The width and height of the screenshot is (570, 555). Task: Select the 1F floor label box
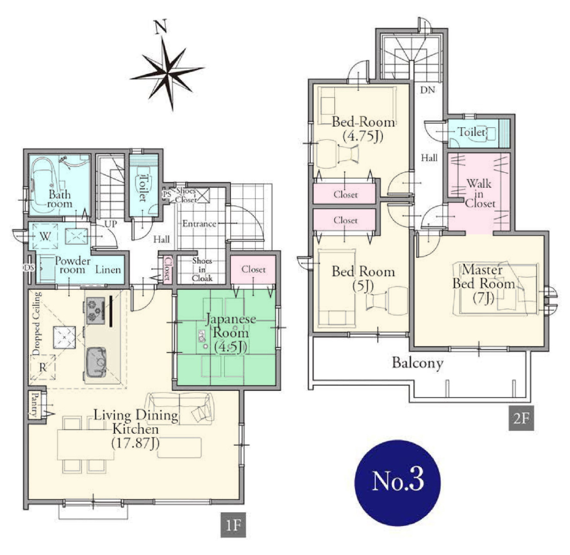(233, 525)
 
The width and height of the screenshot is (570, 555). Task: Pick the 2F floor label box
(521, 418)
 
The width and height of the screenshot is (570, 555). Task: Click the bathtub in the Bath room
(44, 186)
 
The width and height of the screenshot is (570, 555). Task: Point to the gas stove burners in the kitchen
(96, 310)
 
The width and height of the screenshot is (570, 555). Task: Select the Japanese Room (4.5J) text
(230, 332)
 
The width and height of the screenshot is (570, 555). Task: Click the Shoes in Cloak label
(202, 269)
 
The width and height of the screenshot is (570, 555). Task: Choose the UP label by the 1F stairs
(110, 224)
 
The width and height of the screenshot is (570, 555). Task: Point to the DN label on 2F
(427, 90)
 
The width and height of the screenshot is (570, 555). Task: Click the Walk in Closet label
(479, 193)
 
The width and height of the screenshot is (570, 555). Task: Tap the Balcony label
(418, 362)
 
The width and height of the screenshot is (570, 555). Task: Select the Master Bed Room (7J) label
(483, 284)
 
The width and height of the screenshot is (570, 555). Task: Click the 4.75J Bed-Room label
(363, 129)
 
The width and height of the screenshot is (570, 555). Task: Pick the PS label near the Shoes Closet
(167, 195)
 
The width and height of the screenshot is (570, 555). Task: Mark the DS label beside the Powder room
(29, 268)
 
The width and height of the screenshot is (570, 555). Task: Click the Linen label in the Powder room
(108, 269)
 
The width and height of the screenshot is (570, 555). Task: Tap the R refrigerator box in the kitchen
(43, 367)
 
